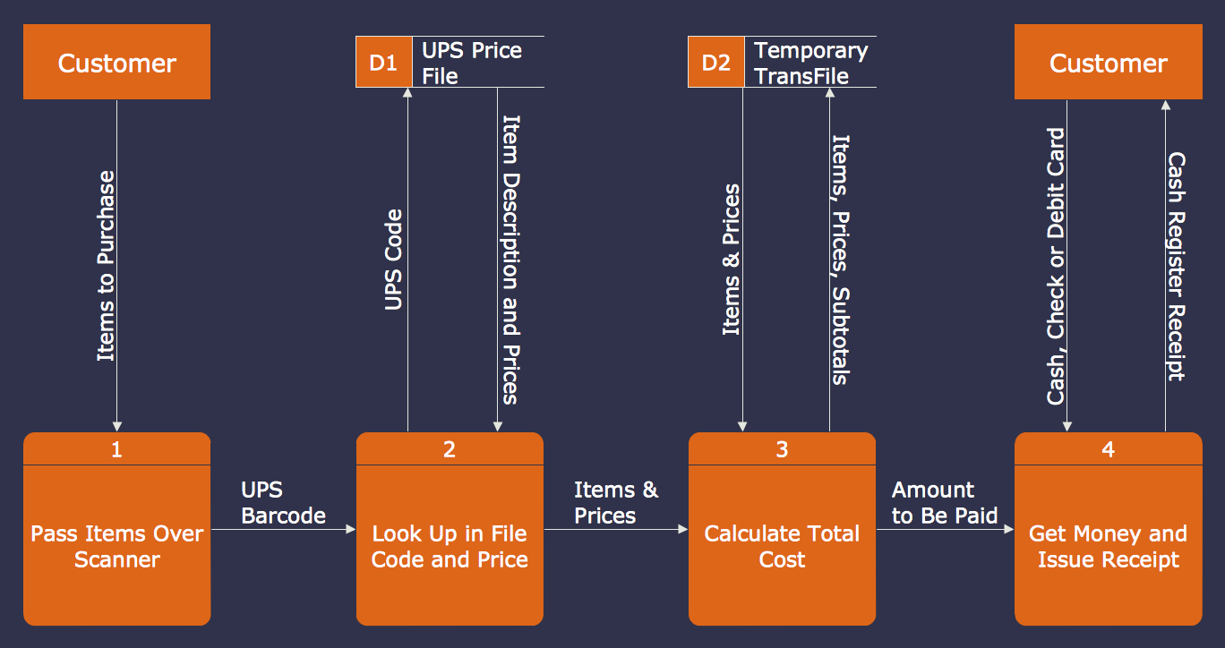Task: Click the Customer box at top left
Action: (x=116, y=63)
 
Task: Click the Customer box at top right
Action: (x=1108, y=63)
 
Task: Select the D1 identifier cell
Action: (x=383, y=63)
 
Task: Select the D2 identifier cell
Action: (x=715, y=63)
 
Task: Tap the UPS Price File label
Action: (x=472, y=63)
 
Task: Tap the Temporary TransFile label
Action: (x=810, y=63)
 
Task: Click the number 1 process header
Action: (x=116, y=449)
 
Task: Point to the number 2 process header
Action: (x=450, y=449)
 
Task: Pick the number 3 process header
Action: (x=782, y=449)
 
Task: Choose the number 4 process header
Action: (x=1108, y=449)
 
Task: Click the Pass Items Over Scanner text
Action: (x=116, y=547)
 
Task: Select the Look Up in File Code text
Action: (x=450, y=547)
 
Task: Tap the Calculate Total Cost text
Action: (x=782, y=547)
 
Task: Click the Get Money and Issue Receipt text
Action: (x=1108, y=547)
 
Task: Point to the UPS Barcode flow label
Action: (x=283, y=503)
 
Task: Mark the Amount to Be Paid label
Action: (x=944, y=503)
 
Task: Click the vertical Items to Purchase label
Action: (x=107, y=266)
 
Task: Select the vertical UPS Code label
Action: (x=393, y=260)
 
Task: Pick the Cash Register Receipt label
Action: (x=1177, y=267)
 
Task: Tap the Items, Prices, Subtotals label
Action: (x=840, y=260)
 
